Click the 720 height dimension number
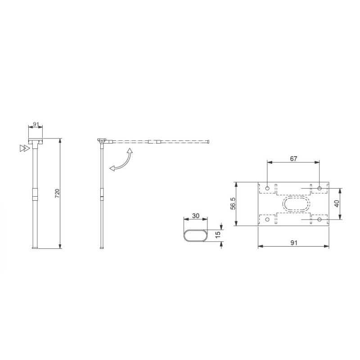(x=57, y=193)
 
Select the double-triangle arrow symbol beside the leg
(x=21, y=148)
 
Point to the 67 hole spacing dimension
(x=293, y=158)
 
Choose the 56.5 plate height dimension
(x=233, y=203)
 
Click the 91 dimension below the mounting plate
(x=293, y=243)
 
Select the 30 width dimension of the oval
(x=196, y=216)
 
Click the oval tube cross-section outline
(x=195, y=235)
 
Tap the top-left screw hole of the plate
(x=268, y=188)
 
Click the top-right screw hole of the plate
(x=319, y=188)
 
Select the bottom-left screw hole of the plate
(x=268, y=219)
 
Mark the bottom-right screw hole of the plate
(x=319, y=219)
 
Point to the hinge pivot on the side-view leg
(x=102, y=142)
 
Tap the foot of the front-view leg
(x=35, y=247)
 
